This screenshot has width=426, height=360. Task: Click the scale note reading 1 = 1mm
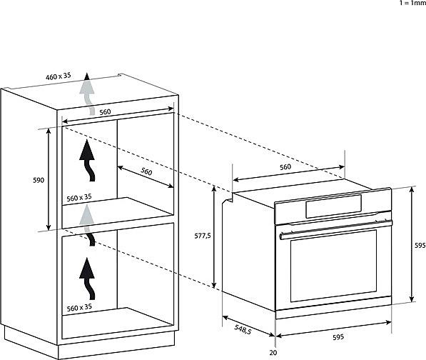[412, 3]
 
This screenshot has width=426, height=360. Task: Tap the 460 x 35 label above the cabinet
[58, 76]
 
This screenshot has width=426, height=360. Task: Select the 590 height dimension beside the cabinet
[39, 180]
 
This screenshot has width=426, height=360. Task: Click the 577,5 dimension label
[203, 236]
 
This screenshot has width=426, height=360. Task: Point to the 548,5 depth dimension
[243, 329]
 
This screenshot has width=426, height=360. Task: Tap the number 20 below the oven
[273, 353]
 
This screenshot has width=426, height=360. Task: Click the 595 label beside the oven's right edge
[420, 245]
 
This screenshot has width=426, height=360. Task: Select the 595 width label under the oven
[338, 337]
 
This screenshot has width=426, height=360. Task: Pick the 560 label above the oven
[285, 167]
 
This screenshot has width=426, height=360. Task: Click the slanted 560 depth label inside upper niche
[146, 171]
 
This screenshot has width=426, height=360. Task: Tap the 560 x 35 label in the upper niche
[79, 197]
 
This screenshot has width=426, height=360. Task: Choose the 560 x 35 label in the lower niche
[79, 308]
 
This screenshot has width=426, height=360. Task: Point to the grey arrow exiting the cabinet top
[87, 94]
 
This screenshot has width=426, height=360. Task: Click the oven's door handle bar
[336, 229]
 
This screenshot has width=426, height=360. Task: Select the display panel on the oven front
[334, 206]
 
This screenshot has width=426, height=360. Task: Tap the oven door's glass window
[334, 266]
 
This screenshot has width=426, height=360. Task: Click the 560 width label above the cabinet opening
[105, 112]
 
